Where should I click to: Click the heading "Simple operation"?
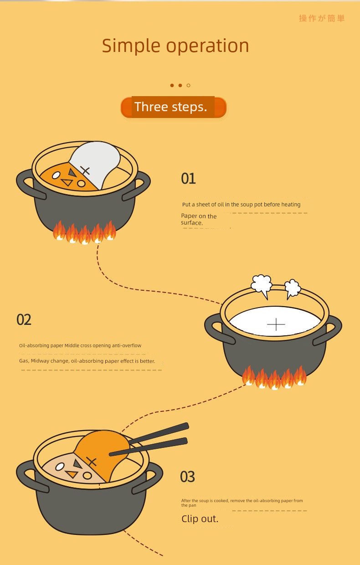coord(175,46)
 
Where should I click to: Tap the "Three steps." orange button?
coord(174,107)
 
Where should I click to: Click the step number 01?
coord(188,179)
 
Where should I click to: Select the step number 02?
coord(24,319)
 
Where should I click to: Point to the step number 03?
coord(187,477)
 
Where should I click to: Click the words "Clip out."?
coord(200,519)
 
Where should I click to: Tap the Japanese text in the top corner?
coord(322,18)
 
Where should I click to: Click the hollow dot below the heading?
coord(189,86)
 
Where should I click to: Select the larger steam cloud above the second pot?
coord(262,286)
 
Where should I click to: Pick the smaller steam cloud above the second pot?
coord(293,288)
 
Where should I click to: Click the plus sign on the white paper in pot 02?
coord(276,324)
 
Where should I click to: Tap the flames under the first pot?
coord(84,232)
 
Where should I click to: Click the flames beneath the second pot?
coord(274,377)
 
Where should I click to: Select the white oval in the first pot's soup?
coord(56,175)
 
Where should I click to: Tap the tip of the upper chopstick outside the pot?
coord(188,426)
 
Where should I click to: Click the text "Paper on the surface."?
coord(199,220)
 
